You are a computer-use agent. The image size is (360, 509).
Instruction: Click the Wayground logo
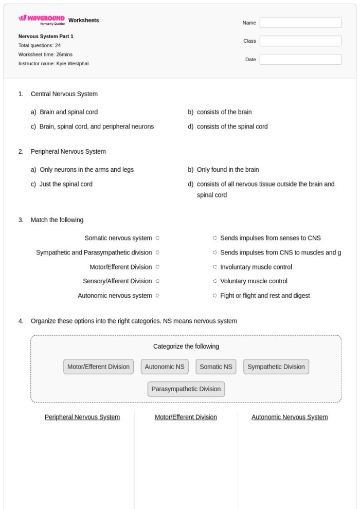(x=41, y=21)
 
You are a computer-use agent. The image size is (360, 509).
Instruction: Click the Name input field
(x=300, y=23)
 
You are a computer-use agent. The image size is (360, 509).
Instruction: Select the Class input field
(x=300, y=41)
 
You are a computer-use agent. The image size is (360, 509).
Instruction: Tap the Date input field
(x=300, y=60)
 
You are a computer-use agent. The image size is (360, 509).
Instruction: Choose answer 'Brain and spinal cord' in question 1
(x=68, y=112)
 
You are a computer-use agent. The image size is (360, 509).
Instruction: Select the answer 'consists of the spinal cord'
(x=232, y=126)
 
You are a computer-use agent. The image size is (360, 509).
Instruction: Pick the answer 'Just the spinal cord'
(x=66, y=184)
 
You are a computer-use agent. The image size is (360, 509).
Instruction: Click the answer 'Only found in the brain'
(x=228, y=170)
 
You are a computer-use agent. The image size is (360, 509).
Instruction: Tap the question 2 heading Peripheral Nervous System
(x=68, y=152)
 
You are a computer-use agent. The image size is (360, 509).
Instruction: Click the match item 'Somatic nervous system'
(x=118, y=238)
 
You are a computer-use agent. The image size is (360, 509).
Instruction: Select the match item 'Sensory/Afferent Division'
(x=117, y=281)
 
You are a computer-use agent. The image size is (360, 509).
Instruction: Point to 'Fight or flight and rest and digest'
(x=264, y=296)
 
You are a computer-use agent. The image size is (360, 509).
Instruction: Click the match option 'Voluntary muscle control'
(x=254, y=281)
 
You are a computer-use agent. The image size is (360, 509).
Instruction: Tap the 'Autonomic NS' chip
(x=165, y=367)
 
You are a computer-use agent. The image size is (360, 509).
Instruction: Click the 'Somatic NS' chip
(x=216, y=367)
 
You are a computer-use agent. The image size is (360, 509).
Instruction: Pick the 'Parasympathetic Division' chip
(x=186, y=389)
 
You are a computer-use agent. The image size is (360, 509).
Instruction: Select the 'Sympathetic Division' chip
(x=276, y=367)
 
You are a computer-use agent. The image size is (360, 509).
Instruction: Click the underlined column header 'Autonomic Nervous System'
(x=290, y=417)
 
